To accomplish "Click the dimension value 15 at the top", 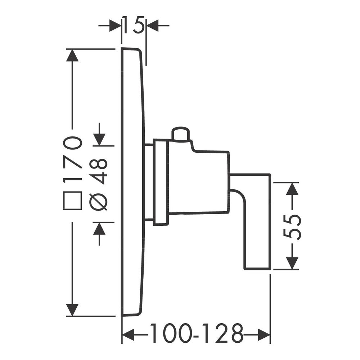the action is coord(134,25).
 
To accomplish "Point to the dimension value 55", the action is coord(292,228).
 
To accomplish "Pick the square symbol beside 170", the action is coord(73,201).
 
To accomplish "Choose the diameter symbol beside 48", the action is coord(98,201).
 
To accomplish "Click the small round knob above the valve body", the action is coord(181,134).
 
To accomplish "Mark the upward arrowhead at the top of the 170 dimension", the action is coord(72,55).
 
